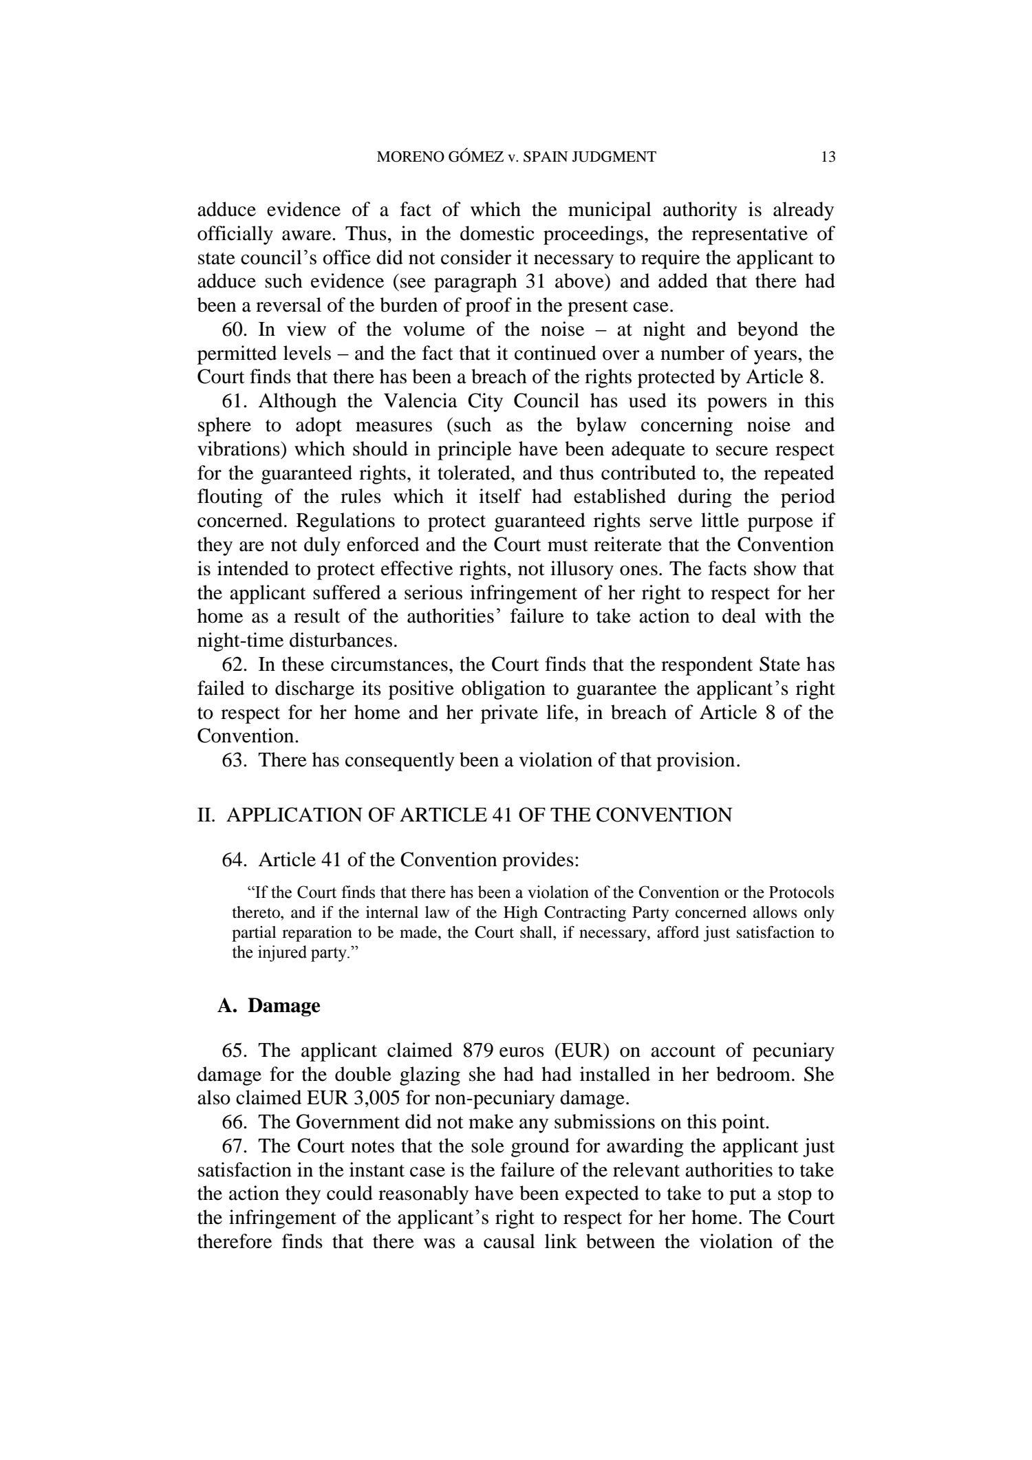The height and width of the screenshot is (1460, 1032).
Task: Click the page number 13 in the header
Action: pyautogui.click(x=828, y=157)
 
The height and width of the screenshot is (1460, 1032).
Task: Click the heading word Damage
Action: pyautogui.click(x=284, y=1006)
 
